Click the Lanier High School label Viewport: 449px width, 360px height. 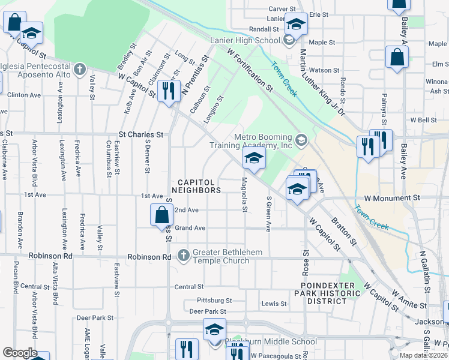(x=245, y=40)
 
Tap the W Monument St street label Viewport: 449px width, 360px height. (x=391, y=197)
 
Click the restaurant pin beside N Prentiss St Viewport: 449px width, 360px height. (x=169, y=91)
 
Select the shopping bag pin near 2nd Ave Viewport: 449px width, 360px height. (x=162, y=215)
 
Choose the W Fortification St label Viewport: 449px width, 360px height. (x=250, y=70)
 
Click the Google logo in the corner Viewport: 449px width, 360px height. (x=20, y=353)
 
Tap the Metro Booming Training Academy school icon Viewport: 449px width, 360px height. (x=301, y=141)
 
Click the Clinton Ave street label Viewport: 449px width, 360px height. (x=23, y=95)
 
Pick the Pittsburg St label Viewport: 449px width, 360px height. (x=214, y=300)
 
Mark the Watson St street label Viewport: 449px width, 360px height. (x=324, y=70)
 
